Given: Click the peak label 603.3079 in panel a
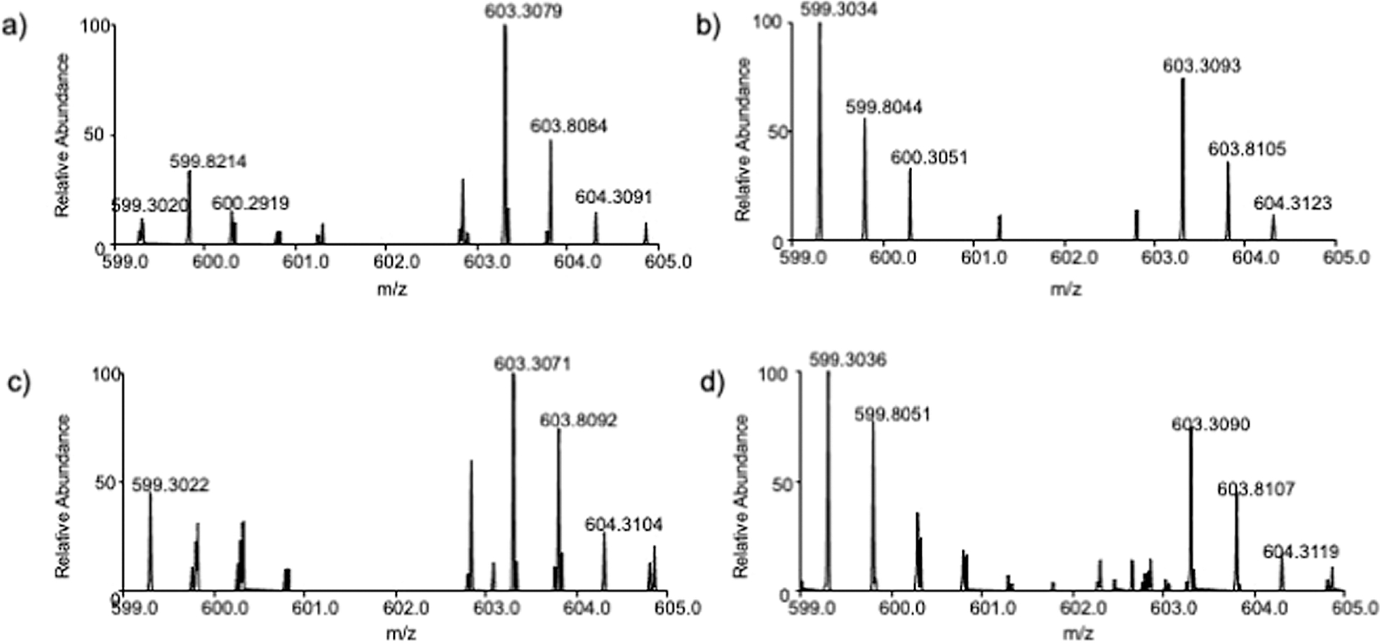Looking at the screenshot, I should tap(523, 12).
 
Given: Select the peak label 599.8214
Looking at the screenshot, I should tap(208, 162).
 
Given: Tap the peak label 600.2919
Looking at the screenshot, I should tap(250, 203).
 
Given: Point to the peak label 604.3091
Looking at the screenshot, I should tap(613, 198).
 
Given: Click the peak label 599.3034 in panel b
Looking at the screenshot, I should tap(847, 10).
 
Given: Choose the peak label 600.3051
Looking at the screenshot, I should tap(929, 158).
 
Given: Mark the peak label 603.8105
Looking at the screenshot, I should tap(1247, 149).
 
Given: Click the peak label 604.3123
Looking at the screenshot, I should tap(1292, 204).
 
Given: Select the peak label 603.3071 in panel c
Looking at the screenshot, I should tap(532, 364).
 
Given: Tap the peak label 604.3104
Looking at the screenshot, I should tap(623, 525).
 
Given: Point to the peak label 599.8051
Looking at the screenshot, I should tap(892, 415).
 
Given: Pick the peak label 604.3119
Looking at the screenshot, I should tap(1301, 553).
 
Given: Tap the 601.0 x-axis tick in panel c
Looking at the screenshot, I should tap(314, 608).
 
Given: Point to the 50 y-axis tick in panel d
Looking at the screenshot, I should tap(776, 483).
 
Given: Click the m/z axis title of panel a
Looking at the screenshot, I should tap(391, 288).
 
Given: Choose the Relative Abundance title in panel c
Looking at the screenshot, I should tap(63, 496).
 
